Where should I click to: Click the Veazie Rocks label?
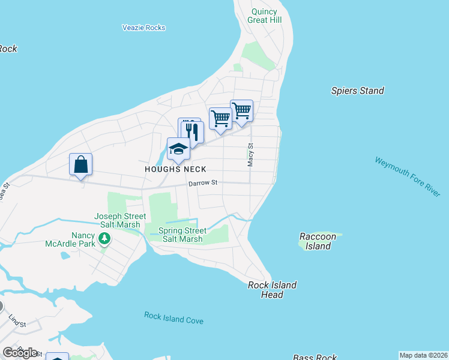(x=143, y=28)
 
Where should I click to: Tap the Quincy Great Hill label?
(x=264, y=16)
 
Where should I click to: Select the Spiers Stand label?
(x=357, y=91)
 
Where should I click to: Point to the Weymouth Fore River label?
(x=408, y=176)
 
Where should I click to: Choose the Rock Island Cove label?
(x=173, y=318)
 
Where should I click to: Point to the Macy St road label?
(x=251, y=154)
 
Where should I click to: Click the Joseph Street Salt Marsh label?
(x=120, y=220)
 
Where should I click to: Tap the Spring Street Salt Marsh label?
(x=182, y=235)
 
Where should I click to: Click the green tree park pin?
(x=105, y=239)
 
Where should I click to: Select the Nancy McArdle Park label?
(x=70, y=239)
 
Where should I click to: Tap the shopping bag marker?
(x=81, y=164)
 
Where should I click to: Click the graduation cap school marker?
(x=178, y=149)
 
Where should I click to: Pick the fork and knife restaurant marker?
(x=193, y=131)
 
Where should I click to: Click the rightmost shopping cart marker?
(x=241, y=110)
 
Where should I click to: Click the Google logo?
(x=20, y=353)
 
